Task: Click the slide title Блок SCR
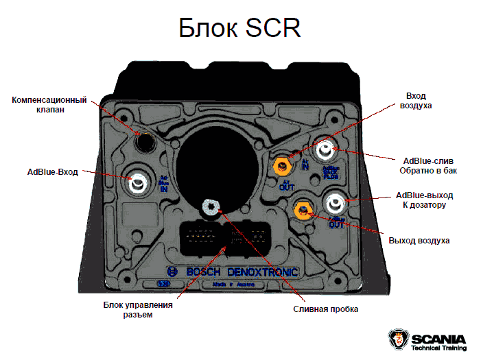point(240,29)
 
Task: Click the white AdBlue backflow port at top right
point(325,148)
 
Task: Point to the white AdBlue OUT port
point(336,202)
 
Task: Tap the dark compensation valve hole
point(145,141)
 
